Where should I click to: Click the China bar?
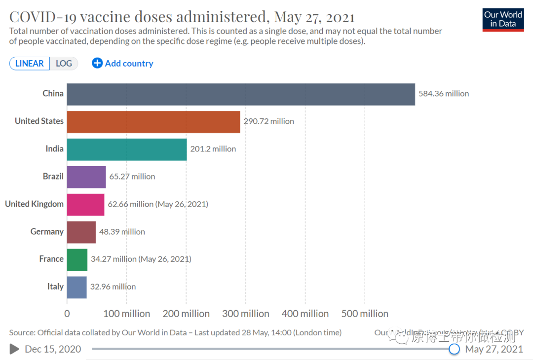(x=241, y=94)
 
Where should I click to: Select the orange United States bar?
(x=153, y=122)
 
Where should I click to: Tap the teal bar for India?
(x=127, y=149)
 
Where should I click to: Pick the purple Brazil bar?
(x=86, y=177)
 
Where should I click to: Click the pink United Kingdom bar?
(x=85, y=205)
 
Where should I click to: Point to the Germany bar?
(x=81, y=232)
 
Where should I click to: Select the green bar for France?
(x=77, y=259)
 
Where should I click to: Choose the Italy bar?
(x=76, y=287)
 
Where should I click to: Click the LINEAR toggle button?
(x=30, y=64)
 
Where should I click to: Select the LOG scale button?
(x=64, y=64)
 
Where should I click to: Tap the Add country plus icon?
(x=97, y=63)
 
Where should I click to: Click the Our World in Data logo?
(x=503, y=20)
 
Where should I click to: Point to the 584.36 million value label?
(x=444, y=94)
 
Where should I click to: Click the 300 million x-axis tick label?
(x=246, y=314)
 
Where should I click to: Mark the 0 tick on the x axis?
(x=67, y=314)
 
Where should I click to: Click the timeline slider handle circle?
(x=455, y=349)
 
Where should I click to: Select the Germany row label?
(x=47, y=232)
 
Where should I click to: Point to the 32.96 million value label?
(x=113, y=287)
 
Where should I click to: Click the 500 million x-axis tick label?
(x=365, y=314)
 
